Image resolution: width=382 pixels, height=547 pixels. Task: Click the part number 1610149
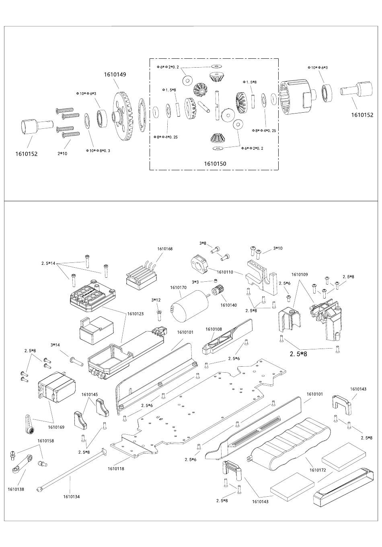(x=115, y=74)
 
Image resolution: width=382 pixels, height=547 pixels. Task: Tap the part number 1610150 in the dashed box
(x=215, y=163)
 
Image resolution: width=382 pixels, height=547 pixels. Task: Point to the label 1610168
(x=164, y=249)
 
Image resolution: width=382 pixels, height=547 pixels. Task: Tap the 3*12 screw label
(x=156, y=300)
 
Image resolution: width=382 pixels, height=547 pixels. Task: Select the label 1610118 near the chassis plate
(x=116, y=469)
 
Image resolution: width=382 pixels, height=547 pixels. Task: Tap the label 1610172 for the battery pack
(x=317, y=470)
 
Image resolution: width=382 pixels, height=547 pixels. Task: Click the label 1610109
(x=300, y=275)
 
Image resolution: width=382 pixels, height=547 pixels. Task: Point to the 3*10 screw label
(x=277, y=248)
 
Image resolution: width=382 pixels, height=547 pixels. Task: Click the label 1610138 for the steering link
(x=16, y=489)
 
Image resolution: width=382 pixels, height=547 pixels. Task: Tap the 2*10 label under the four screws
(x=62, y=154)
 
